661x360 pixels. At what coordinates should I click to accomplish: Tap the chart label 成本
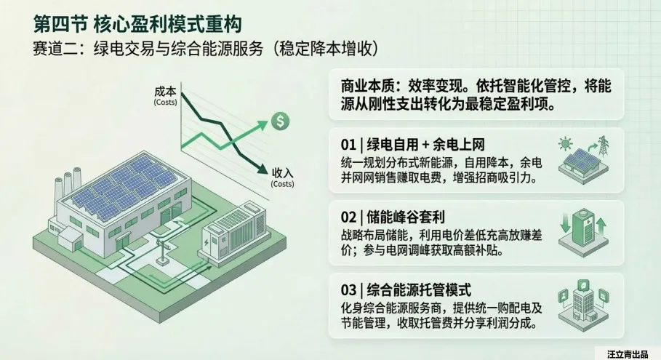point(165,92)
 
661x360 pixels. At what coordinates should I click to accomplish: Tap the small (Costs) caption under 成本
point(165,103)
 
